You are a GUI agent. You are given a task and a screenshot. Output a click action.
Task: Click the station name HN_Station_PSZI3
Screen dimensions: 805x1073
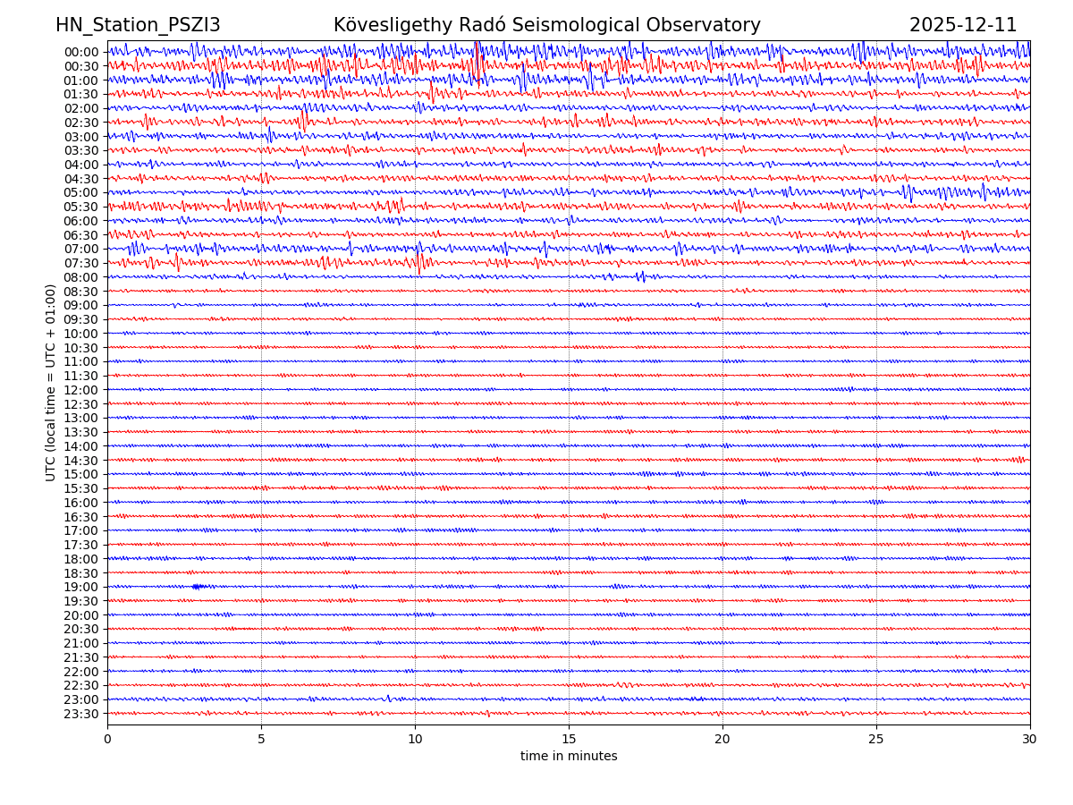click(138, 25)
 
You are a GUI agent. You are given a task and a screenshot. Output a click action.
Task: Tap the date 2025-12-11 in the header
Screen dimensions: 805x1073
click(963, 25)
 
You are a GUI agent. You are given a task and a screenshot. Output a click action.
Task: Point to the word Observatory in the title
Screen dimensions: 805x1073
click(705, 25)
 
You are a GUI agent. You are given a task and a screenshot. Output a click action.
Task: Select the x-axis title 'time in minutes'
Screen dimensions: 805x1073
click(569, 757)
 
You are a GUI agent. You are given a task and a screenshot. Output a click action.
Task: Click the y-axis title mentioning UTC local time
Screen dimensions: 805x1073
click(51, 382)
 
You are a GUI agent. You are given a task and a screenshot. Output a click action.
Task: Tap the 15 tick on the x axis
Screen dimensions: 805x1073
click(569, 740)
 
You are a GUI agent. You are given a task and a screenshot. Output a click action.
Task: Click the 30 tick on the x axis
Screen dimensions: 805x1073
click(1029, 740)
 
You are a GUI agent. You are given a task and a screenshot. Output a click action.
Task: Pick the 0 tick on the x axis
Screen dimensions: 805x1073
click(107, 740)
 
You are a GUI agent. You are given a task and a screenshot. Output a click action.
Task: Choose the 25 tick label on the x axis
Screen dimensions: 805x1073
click(876, 740)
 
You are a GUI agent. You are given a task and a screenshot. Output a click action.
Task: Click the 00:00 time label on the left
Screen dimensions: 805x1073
click(81, 52)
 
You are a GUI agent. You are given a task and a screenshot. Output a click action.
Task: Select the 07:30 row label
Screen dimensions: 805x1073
click(81, 263)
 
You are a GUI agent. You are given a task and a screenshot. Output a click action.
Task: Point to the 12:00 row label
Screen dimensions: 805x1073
click(81, 390)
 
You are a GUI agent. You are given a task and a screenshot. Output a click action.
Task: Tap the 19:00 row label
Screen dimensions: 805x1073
click(81, 587)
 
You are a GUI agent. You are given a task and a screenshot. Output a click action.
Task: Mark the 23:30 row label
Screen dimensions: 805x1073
click(81, 714)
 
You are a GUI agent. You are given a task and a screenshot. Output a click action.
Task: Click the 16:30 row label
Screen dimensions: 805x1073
click(81, 517)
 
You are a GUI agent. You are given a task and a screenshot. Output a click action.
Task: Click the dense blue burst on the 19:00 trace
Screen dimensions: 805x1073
click(198, 587)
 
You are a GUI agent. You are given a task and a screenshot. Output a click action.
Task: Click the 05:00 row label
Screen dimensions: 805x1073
click(81, 192)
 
